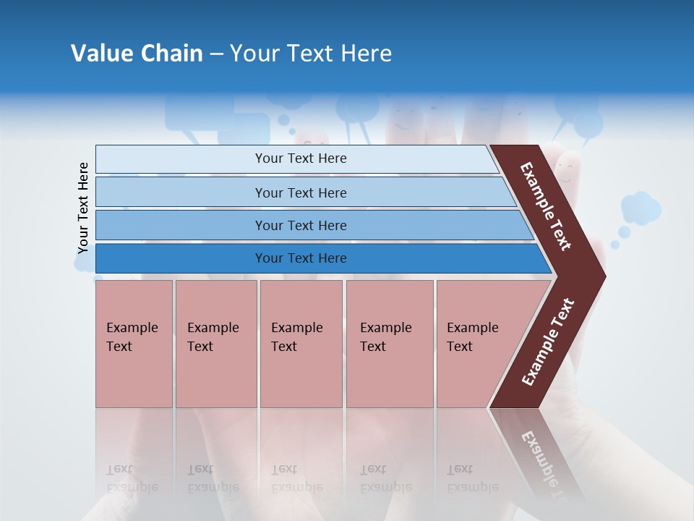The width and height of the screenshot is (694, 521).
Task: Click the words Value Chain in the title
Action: (x=137, y=54)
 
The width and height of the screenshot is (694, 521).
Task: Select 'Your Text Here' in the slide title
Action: (x=311, y=54)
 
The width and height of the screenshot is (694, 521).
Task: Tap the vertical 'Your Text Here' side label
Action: (x=83, y=208)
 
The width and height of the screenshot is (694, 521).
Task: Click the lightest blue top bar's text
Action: (x=301, y=158)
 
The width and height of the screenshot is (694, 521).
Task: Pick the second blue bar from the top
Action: (x=301, y=192)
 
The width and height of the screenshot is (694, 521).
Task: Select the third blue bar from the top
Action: (x=301, y=225)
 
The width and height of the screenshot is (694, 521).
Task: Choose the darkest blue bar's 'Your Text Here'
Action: (x=301, y=258)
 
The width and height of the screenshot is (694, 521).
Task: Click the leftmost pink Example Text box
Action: (x=134, y=343)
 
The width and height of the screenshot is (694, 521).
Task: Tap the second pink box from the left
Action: (x=215, y=343)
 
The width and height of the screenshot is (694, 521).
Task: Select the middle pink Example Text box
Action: (x=301, y=343)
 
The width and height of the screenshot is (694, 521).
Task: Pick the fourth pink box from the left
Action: (x=389, y=343)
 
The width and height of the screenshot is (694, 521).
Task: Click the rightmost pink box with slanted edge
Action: (x=477, y=343)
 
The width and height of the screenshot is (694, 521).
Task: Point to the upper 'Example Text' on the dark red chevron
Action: (x=546, y=206)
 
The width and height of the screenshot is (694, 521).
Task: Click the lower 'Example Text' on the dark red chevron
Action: (x=548, y=342)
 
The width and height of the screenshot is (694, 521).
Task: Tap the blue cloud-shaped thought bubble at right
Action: (x=641, y=208)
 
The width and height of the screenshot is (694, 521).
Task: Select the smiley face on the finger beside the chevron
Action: (x=567, y=172)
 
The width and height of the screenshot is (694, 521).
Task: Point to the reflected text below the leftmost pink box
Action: (x=132, y=478)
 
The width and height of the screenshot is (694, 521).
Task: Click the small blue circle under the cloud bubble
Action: (x=624, y=232)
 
